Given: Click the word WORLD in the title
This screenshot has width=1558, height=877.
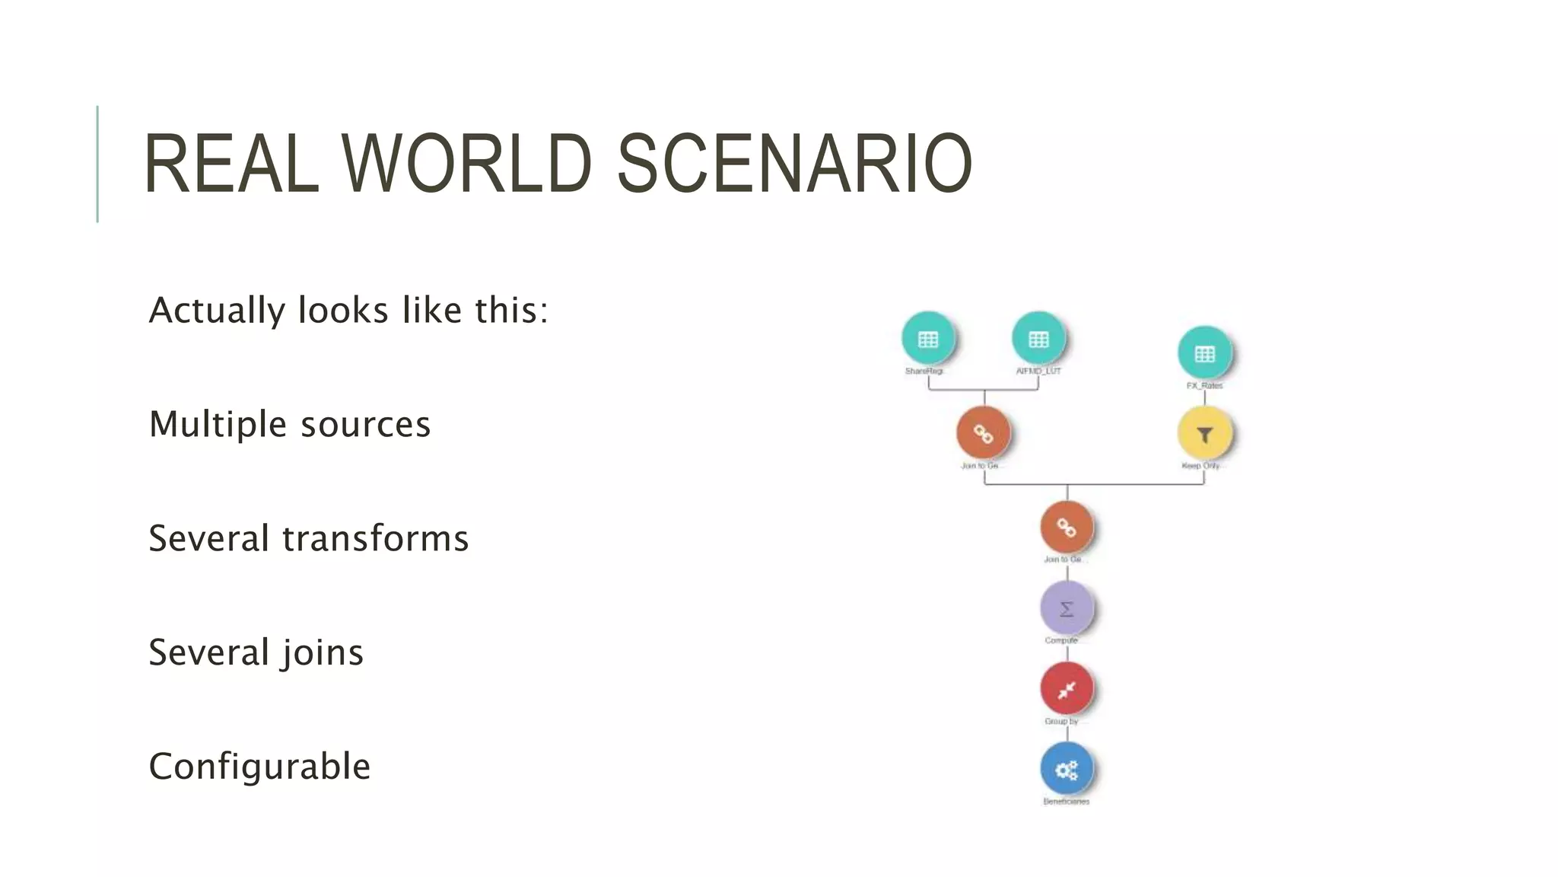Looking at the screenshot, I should pos(466,164).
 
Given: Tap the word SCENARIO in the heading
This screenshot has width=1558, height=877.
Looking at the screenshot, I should pos(793,164).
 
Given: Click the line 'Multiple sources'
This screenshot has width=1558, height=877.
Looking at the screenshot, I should pos(290,424).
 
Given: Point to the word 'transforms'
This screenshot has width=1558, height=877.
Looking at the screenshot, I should pos(375,538).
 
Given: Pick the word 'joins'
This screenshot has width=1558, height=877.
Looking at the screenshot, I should pos(322,652).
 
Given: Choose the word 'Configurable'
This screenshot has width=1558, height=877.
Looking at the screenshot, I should pos(259,766).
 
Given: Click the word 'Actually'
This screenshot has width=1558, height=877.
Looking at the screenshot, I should pos(216,311).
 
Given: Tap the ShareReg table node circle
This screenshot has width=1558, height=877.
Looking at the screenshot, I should pos(927,338).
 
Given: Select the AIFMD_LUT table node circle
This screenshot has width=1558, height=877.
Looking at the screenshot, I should pos(1038,338).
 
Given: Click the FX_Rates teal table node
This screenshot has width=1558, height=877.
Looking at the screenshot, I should pos(1204,353).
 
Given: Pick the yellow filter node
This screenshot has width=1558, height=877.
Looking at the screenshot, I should pos(1204,434).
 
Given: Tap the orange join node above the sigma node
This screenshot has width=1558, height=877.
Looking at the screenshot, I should pos(1067,527).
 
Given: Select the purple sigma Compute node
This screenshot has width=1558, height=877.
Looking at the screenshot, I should pos(1067,608).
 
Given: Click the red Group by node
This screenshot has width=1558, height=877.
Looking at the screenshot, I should pos(1067,689).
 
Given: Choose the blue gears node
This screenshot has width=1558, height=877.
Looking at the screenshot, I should pos(1067,770).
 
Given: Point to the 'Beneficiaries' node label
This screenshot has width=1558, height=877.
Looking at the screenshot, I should pos(1066,802).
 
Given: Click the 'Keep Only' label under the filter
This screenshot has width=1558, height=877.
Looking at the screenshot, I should pos(1200,466).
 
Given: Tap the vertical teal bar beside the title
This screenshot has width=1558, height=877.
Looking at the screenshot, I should pos(97,164).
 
